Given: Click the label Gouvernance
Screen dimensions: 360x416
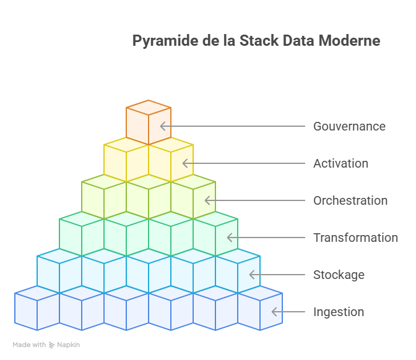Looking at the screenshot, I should tap(349, 126).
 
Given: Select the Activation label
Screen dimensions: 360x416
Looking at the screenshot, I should tap(340, 163).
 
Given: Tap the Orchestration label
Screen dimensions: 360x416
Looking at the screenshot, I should tap(350, 200).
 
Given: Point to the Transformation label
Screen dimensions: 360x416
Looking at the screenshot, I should tap(355, 238).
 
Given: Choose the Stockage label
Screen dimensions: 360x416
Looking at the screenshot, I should tap(339, 275).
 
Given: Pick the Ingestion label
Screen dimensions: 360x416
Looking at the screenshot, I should tap(339, 312).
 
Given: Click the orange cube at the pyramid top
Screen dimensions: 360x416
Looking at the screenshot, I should tap(149, 122).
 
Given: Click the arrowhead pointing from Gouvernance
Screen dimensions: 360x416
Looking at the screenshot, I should tap(163, 126).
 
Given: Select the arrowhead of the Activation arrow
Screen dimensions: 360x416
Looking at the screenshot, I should tap(185, 163).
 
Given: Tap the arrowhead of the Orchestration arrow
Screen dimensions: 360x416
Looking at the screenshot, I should tap(207, 200).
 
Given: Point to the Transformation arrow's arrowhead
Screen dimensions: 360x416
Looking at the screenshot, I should tap(230, 238).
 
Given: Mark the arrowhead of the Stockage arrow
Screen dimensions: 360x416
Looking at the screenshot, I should tap(252, 275).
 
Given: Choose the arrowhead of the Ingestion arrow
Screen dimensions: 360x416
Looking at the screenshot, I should tap(274, 312).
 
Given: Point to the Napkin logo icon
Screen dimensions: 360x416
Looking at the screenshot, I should tap(52, 345).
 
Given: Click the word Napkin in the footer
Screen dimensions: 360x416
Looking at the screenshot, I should tap(69, 345).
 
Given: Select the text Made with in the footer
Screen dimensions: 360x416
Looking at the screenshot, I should tap(29, 345).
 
